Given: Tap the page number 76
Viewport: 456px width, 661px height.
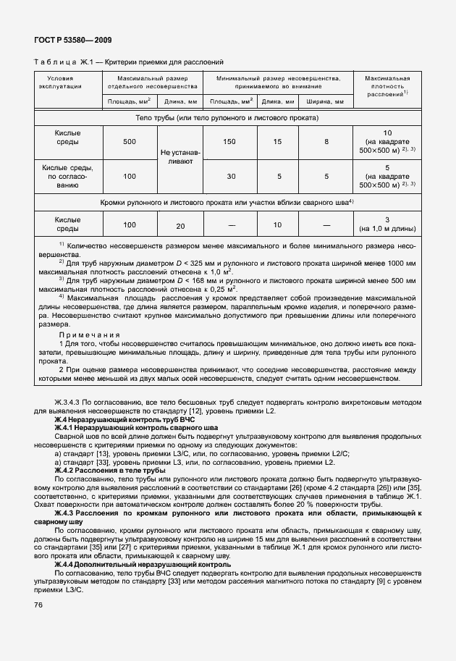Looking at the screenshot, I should click(39, 625).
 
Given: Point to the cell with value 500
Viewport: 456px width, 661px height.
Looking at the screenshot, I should click(130, 142).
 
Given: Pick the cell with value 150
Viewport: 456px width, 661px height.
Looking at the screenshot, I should click(229, 142).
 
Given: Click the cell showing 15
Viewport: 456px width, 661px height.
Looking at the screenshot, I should click(277, 142).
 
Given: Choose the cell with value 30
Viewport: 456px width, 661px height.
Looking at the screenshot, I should click(229, 176).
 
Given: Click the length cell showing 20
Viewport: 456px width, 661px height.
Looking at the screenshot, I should click(180, 226).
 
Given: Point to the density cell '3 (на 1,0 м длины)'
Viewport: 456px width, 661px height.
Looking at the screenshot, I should click(387, 224).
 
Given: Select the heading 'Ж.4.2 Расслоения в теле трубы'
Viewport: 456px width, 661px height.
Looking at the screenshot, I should click(104, 470).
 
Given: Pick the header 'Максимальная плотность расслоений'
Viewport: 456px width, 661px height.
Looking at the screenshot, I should click(387, 85).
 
